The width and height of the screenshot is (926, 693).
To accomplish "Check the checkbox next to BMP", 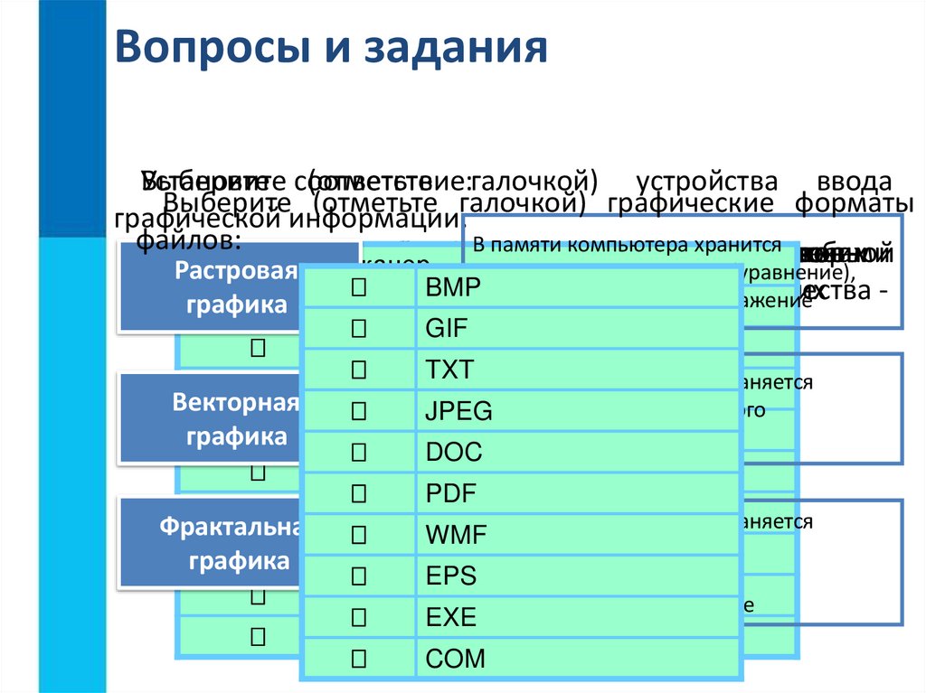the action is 358,288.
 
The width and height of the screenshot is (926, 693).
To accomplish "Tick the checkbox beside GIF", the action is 358,329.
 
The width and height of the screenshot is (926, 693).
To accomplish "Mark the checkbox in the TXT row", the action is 358,370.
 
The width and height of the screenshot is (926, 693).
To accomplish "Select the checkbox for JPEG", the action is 358,412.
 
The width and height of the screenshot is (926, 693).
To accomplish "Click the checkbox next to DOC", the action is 358,453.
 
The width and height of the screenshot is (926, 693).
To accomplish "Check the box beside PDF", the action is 358,494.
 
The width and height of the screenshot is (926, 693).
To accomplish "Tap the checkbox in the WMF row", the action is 358,536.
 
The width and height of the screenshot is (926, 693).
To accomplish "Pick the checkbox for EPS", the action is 358,576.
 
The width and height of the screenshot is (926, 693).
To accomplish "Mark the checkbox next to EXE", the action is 358,618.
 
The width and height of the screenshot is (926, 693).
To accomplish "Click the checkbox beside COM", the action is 358,659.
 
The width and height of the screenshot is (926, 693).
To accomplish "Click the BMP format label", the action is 454,288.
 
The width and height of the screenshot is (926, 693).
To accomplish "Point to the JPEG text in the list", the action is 459,412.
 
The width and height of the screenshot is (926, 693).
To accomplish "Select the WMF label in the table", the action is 457,536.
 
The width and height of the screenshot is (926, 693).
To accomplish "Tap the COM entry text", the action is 456,659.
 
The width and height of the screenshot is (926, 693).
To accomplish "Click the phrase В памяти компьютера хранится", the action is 627,245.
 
